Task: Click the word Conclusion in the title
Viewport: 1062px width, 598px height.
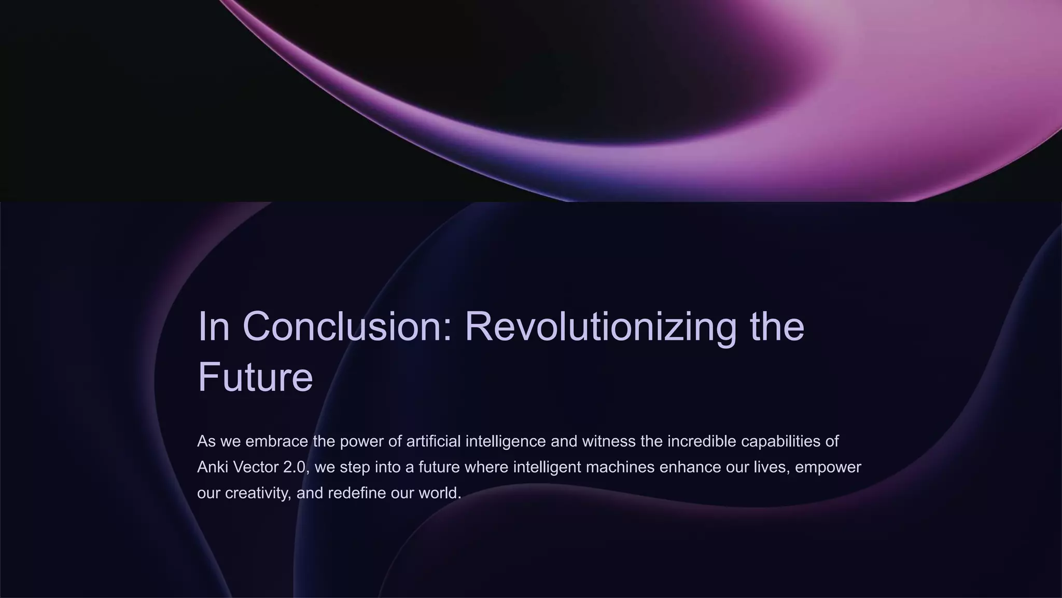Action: tap(347, 327)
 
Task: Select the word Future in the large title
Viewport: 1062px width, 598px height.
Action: tap(255, 377)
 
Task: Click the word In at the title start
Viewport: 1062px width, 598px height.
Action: tap(214, 327)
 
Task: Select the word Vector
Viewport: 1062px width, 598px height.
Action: tap(255, 467)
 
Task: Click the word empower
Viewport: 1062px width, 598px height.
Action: tap(828, 467)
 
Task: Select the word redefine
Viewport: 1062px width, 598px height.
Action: tap(357, 493)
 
